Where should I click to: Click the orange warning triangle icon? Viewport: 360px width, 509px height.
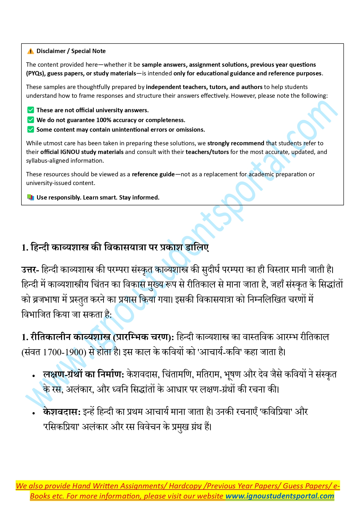click(30, 51)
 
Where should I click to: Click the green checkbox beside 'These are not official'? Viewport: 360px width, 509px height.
click(30, 110)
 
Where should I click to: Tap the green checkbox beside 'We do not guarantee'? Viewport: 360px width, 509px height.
click(30, 120)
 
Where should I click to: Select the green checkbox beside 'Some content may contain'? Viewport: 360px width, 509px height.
click(30, 130)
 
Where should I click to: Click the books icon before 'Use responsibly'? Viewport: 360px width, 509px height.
click(30, 198)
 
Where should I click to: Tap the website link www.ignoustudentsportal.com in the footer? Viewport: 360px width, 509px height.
click(280, 496)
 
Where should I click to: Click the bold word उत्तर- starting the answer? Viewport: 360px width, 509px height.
click(30, 270)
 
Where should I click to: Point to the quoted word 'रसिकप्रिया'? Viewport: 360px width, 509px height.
click(61, 427)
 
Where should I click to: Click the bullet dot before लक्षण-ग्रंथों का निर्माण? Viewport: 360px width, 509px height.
click(34, 376)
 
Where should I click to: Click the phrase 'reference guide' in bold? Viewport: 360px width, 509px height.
click(153, 174)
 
